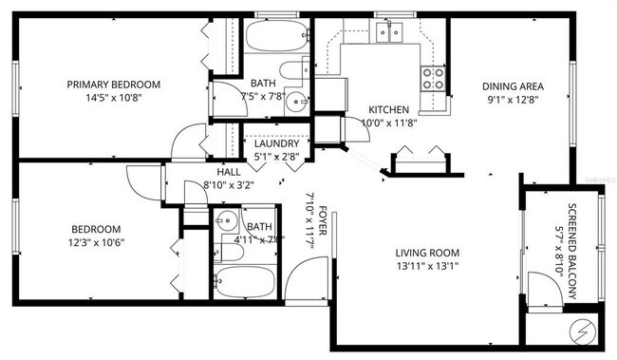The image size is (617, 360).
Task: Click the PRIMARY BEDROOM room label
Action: [113, 85]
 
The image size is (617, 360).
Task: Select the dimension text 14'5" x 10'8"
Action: [113, 97]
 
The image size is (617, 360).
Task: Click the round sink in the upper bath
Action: [296, 102]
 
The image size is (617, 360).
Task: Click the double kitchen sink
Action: [388, 33]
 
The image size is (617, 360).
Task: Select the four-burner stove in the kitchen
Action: [433, 78]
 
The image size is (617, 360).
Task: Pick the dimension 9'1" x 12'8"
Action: [512, 97]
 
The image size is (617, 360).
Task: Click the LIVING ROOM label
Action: [427, 253]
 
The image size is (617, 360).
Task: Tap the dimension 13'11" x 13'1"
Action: [427, 266]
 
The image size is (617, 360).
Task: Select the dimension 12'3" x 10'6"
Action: [97, 241]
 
